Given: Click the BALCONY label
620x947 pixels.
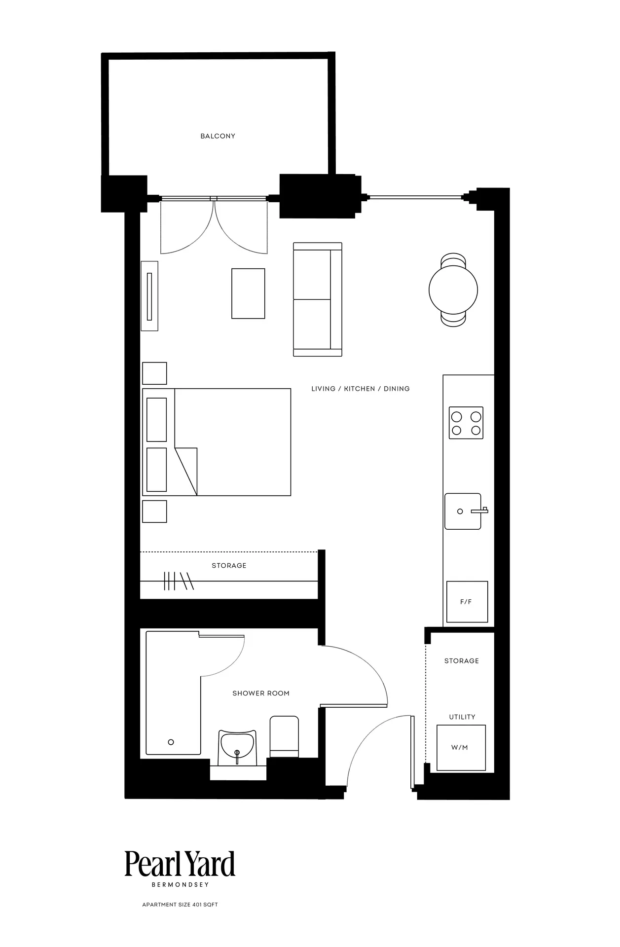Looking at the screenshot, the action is click(x=218, y=136).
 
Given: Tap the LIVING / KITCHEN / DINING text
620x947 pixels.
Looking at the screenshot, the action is click(x=361, y=389).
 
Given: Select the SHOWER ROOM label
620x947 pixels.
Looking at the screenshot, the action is click(x=261, y=693).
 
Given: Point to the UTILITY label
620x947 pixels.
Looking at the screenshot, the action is click(x=462, y=717).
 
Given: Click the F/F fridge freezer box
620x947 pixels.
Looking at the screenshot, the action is click(x=467, y=602).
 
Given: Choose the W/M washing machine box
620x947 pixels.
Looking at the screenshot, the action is click(x=461, y=748).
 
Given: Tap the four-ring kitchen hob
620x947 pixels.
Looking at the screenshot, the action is click(x=466, y=423).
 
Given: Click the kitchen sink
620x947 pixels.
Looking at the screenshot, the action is click(x=464, y=511).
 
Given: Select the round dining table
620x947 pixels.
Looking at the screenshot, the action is click(x=453, y=290).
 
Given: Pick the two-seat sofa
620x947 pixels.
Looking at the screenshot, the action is click(x=318, y=299).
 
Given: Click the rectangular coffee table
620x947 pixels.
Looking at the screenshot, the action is click(x=248, y=293).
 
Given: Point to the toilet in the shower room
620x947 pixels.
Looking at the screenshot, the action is click(x=284, y=736).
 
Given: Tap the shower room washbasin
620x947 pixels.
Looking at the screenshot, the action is click(x=237, y=748).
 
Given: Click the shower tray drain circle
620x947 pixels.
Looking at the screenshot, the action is click(x=171, y=742).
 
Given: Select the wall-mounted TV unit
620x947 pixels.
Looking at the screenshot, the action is click(x=149, y=296).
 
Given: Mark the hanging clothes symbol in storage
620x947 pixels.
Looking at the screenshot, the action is click(x=179, y=581).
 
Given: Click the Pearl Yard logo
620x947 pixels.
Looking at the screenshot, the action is click(x=180, y=864).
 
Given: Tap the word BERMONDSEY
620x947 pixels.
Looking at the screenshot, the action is click(x=180, y=885).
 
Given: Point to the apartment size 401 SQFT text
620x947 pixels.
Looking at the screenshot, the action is click(x=180, y=905).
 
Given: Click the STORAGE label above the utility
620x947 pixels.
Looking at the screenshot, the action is click(x=462, y=661).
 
